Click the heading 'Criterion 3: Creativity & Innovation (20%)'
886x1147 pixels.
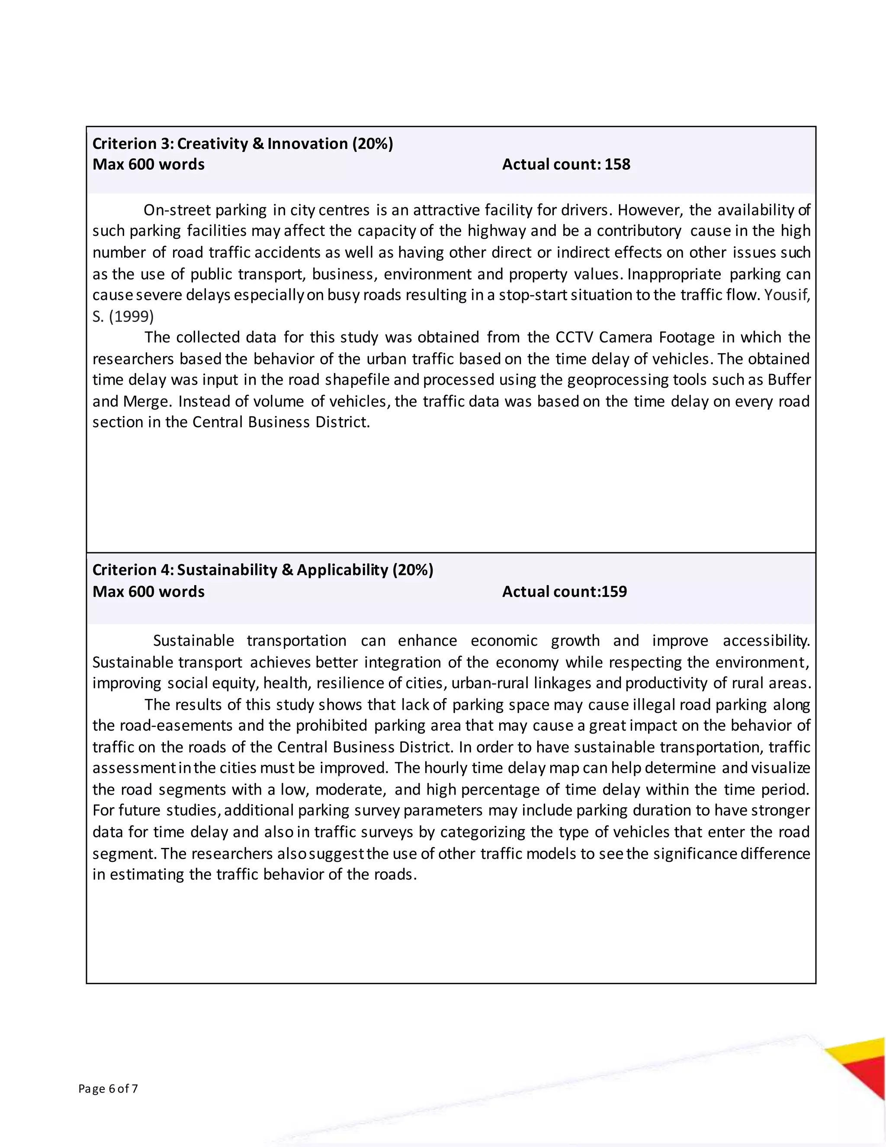[x=243, y=143]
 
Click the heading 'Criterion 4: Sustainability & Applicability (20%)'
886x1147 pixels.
[x=263, y=570]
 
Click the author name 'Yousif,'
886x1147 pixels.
[x=787, y=295]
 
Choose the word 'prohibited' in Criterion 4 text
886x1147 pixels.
[x=331, y=725]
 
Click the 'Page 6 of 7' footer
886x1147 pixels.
[x=108, y=1088]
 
